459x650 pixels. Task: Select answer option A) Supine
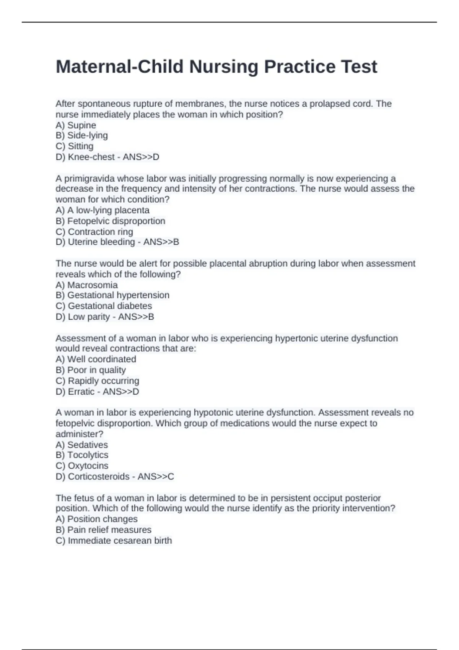(76, 125)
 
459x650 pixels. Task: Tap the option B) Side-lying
(81, 136)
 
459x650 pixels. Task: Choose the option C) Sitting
(75, 146)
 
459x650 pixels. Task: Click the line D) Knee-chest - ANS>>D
(107, 157)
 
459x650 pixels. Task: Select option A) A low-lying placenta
(103, 210)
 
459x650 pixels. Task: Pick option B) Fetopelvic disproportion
(111, 221)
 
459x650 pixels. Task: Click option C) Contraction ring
(94, 232)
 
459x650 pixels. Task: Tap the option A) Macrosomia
(86, 285)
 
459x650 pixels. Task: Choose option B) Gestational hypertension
(112, 295)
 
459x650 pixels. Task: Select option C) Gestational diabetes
(104, 306)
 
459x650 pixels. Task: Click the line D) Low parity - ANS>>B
(105, 317)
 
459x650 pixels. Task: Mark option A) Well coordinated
(96, 359)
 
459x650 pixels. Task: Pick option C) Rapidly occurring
(97, 381)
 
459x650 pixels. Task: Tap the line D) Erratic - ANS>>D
(97, 392)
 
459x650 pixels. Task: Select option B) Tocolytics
(82, 455)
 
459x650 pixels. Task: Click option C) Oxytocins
(82, 466)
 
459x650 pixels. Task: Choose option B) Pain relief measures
(103, 530)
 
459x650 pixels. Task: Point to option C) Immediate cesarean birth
(114, 541)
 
